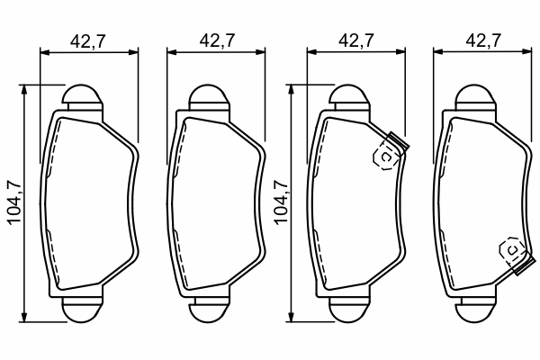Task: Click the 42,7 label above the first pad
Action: click(x=87, y=41)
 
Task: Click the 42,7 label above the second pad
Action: click(x=217, y=40)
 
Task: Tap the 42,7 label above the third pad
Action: click(x=356, y=40)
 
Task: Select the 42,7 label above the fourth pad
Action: click(x=483, y=40)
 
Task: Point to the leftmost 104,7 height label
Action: click(x=14, y=202)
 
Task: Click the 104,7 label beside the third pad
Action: click(x=280, y=202)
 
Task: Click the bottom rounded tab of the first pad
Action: click(x=83, y=310)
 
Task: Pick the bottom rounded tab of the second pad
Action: click(x=209, y=310)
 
